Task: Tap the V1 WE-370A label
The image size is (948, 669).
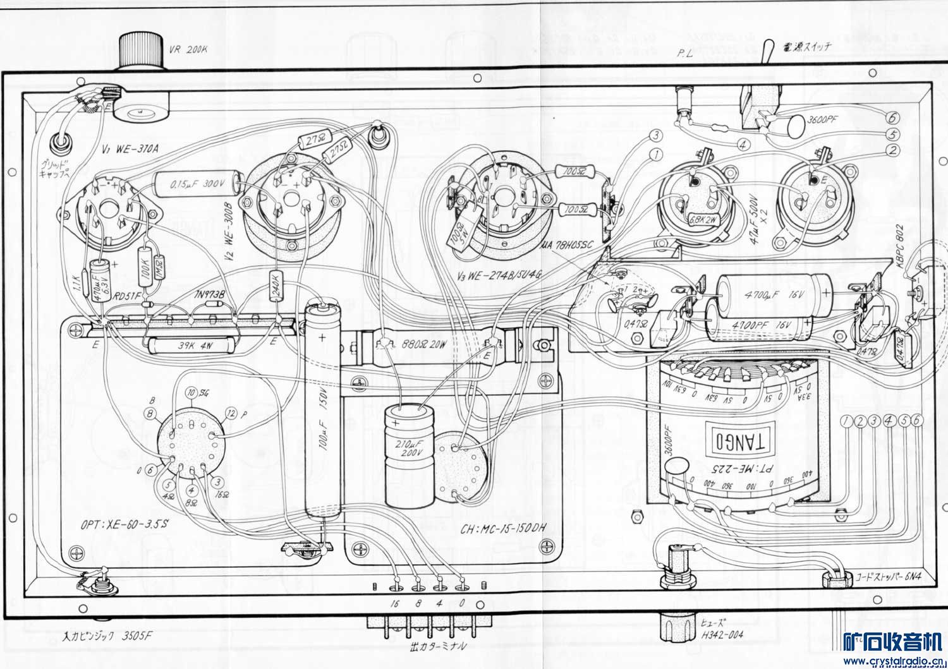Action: coord(130,149)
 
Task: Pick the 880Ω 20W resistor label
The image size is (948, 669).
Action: coord(424,345)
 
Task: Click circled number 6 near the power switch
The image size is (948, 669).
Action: coord(892,118)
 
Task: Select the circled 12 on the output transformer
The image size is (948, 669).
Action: coord(231,414)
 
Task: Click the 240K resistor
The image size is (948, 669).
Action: coord(276,288)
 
